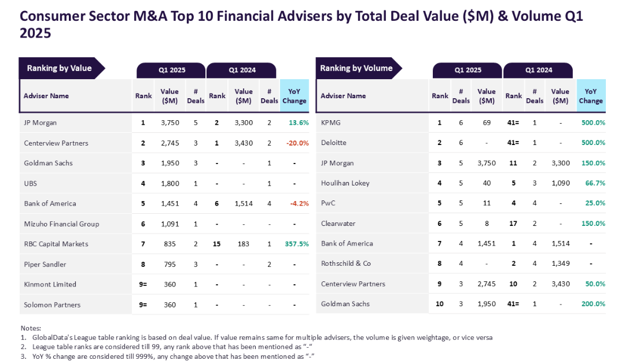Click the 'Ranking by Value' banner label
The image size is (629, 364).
[59, 68]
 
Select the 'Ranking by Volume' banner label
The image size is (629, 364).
[356, 68]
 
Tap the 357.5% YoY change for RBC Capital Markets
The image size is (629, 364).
[296, 244]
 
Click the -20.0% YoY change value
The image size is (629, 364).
[297, 143]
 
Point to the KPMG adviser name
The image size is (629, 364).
[332, 122]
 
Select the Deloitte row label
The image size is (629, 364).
[333, 143]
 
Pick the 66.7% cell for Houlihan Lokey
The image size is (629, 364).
[593, 183]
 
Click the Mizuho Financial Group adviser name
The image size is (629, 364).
[61, 224]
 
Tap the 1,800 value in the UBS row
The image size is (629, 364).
[170, 183]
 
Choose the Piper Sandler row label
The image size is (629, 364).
[45, 264]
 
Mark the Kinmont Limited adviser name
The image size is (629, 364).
[50, 284]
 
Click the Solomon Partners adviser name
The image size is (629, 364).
[52, 304]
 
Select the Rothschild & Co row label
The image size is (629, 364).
[346, 263]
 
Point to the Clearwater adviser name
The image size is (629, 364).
[338, 224]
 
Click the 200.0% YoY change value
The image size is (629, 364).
[593, 304]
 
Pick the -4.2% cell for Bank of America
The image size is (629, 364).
[298, 203]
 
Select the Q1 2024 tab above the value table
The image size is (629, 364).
[242, 70]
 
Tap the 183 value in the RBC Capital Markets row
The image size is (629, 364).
[243, 244]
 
